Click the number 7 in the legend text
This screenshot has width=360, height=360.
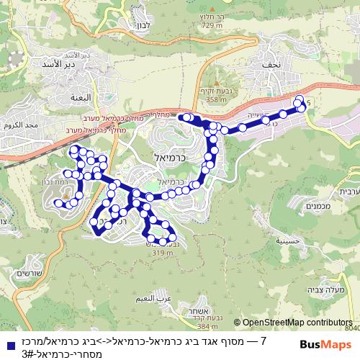[264, 340]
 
